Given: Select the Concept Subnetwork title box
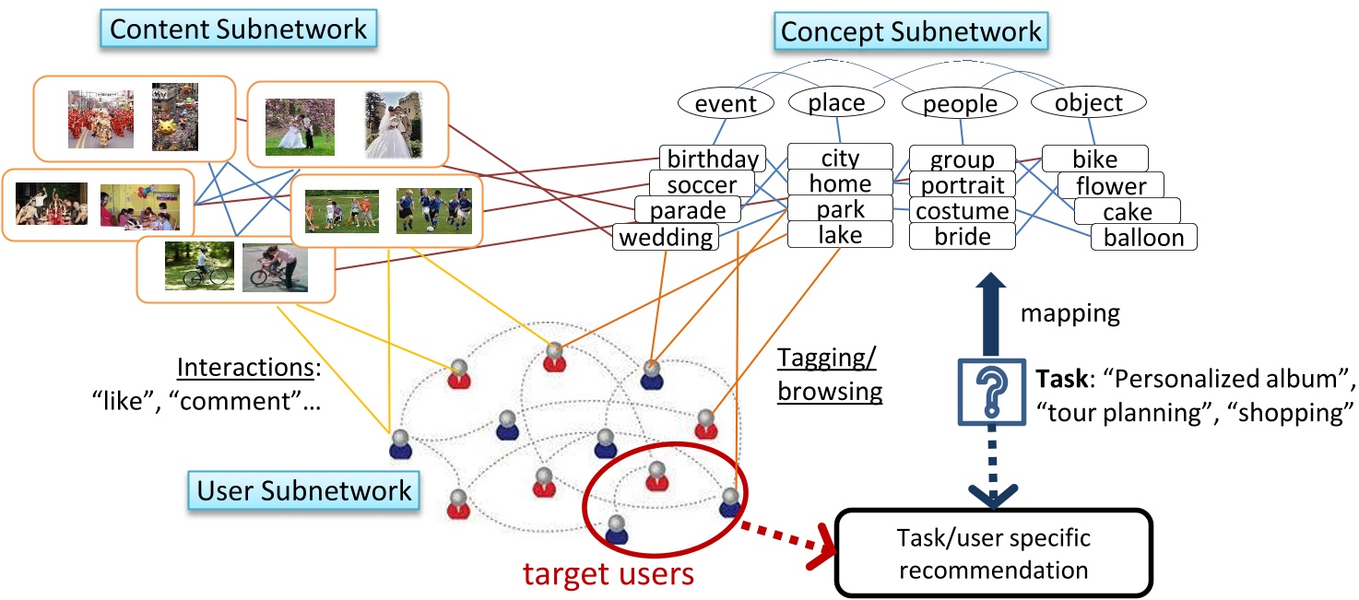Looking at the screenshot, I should coord(911,31).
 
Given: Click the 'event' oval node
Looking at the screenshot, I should coord(725,103).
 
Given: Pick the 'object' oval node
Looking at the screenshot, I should coord(1088,103).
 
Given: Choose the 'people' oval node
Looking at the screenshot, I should coord(960,103).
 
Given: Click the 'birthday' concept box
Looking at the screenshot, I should coord(714,159).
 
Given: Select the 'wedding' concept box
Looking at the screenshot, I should coord(667,238).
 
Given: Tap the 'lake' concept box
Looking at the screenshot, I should coord(840,235).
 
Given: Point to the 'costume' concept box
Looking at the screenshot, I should coord(963,210).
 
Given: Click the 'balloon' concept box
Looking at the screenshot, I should coord(1143,237).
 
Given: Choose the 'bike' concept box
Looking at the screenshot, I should coord(1094,159).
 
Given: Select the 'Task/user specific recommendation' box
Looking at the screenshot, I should coord(993,553).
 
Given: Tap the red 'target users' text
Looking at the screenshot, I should coord(608,573).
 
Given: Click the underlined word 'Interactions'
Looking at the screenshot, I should coord(244,368).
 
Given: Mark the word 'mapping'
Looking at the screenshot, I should coord(1069,313).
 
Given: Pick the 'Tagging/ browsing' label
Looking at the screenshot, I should coord(830,374).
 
